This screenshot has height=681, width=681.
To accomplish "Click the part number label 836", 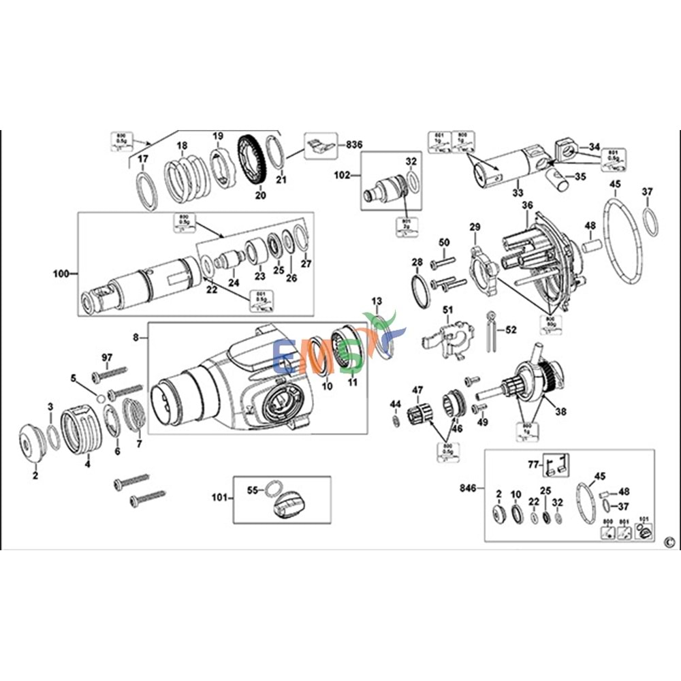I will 354,144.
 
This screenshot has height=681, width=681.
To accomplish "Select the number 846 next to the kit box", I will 468,488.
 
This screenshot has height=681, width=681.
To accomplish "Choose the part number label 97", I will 107,358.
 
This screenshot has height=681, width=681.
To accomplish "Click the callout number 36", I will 527,205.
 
